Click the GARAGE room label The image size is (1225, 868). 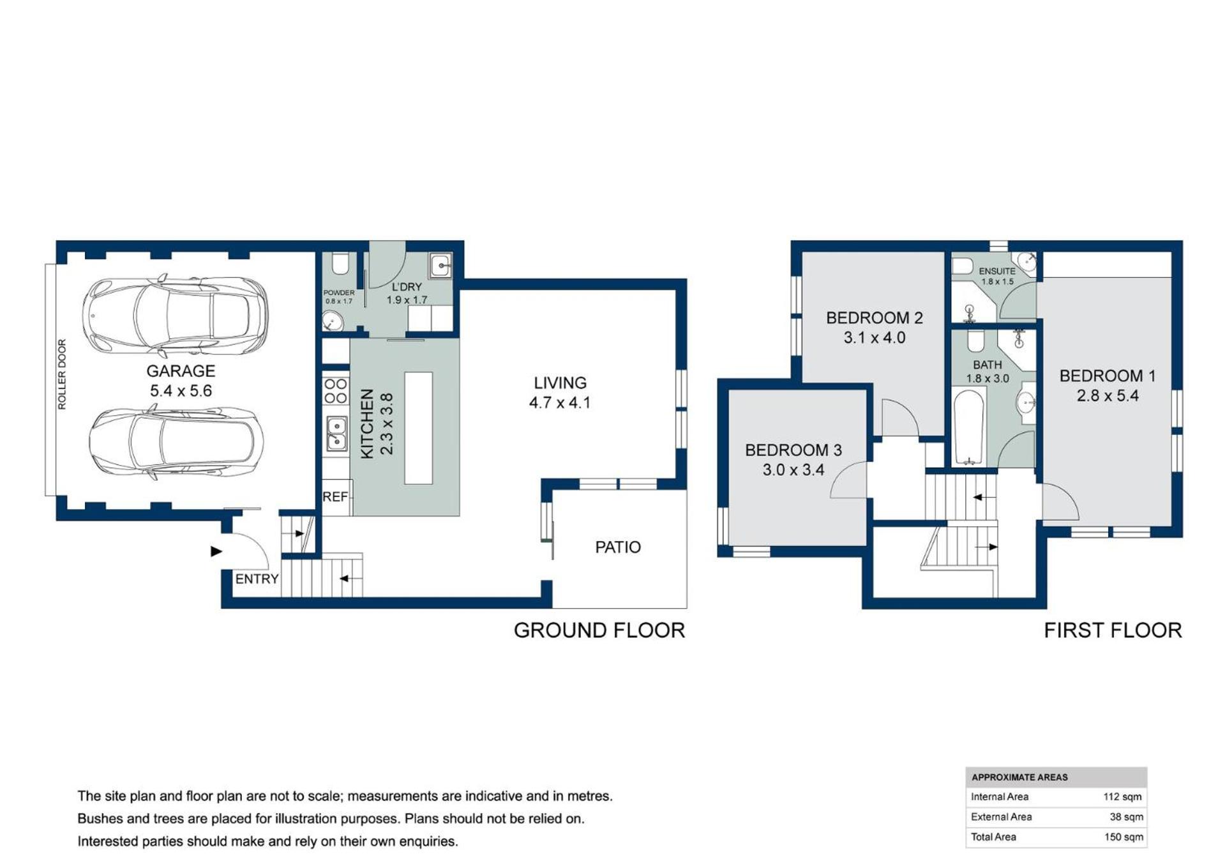(x=181, y=371)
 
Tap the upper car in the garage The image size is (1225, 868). (x=175, y=316)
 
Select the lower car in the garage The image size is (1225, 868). (x=176, y=441)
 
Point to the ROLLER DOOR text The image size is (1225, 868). (x=62, y=374)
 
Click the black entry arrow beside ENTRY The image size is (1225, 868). (x=216, y=551)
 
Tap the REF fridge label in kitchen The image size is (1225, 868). (x=335, y=496)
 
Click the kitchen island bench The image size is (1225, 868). (x=419, y=428)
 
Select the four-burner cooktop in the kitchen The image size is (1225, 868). (x=336, y=391)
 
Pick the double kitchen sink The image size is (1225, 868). (x=336, y=433)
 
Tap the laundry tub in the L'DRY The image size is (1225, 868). (x=441, y=265)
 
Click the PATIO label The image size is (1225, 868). (x=618, y=547)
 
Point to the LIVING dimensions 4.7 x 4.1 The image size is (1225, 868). (x=560, y=402)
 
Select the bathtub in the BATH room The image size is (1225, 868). (x=968, y=427)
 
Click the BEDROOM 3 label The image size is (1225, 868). (x=793, y=450)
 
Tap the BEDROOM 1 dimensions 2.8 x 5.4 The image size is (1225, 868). (x=1108, y=396)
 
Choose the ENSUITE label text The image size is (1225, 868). (x=996, y=271)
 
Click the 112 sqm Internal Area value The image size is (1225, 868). (x=1122, y=796)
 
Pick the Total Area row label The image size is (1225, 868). (x=993, y=837)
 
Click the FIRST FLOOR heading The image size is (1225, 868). (x=1113, y=630)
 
